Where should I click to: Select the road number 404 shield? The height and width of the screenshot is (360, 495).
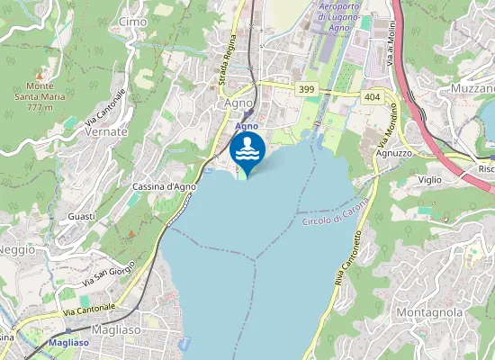pos(372,95)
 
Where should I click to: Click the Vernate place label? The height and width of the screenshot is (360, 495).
pos(105,131)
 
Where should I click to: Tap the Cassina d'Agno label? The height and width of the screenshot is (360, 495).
pos(164,186)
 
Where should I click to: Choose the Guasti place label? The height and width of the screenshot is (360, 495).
pos(81,217)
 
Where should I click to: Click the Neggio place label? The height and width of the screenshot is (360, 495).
pos(16,249)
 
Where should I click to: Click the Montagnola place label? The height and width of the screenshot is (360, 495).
pos(429,312)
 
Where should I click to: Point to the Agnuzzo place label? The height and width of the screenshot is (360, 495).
pos(393,153)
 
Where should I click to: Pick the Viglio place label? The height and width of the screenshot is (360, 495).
pos(429,180)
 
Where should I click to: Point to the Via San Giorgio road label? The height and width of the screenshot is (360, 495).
pos(109,271)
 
